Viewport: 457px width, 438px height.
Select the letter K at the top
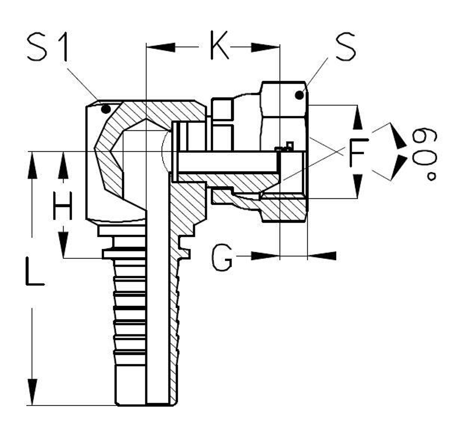pyautogui.click(x=219, y=46)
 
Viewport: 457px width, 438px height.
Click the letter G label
pyautogui.click(x=223, y=258)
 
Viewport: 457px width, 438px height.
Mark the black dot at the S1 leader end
pyautogui.click(x=106, y=109)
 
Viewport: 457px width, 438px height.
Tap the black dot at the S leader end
pyautogui.click(x=299, y=95)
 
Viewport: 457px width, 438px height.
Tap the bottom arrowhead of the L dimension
pyautogui.click(x=32, y=391)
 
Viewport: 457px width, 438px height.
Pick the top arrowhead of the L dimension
pyautogui.click(x=32, y=166)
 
